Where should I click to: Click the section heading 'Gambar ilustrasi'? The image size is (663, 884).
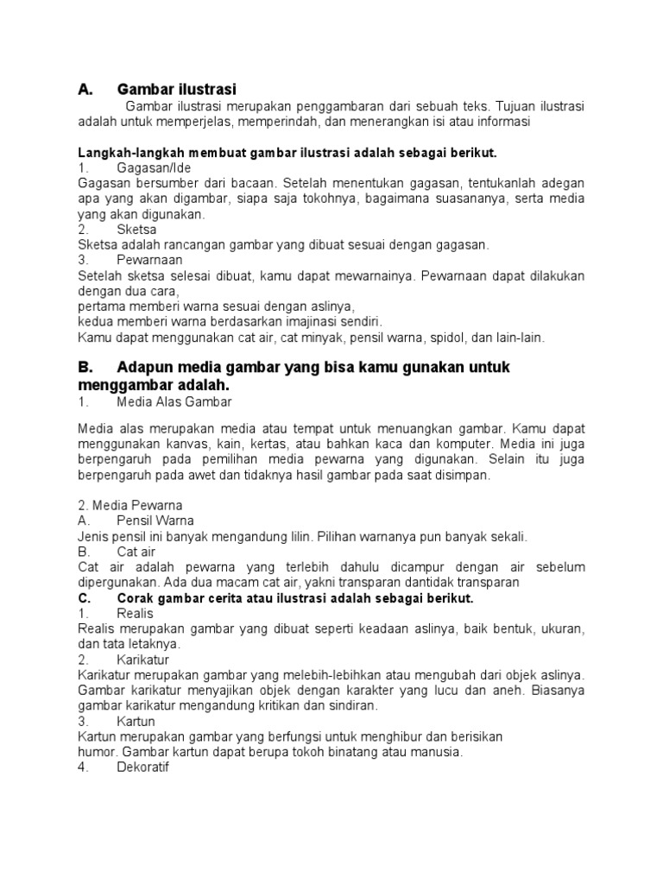176,89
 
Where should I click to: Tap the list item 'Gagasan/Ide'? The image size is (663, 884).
154,167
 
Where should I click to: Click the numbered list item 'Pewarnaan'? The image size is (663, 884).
149,260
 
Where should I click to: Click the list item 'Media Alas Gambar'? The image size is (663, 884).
174,402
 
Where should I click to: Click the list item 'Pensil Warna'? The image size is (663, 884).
155,521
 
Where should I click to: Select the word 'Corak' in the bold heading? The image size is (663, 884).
136,598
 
